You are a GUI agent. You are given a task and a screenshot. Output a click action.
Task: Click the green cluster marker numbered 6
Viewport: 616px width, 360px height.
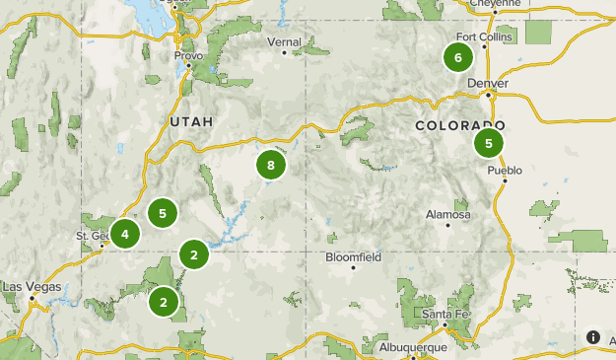coord(457,57)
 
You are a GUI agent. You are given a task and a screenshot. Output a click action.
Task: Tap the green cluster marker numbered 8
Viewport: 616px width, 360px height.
coord(270,165)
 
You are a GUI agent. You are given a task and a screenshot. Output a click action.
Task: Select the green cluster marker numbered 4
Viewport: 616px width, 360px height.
coord(124,234)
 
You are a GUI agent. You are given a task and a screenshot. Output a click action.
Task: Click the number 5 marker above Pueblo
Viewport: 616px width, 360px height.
coord(488,144)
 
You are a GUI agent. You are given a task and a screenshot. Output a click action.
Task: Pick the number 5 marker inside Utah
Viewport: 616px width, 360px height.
coord(163,212)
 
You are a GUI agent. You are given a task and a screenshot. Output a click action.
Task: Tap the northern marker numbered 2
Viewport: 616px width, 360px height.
coord(194,255)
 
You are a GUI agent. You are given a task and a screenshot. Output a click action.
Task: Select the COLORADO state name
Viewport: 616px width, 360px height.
coord(460,126)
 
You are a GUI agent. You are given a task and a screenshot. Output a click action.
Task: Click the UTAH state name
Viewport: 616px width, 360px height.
coord(190,120)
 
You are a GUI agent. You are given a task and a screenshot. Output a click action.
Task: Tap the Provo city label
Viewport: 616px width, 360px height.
coord(188,56)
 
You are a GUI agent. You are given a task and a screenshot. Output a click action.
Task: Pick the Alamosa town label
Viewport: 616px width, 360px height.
coord(448,214)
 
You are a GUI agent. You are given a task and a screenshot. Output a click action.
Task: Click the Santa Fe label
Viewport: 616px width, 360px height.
coord(444,314)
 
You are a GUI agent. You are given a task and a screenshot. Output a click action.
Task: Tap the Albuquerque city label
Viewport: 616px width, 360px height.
coord(413,347)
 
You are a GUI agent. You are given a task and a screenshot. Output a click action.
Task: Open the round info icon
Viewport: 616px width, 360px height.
coord(593,337)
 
